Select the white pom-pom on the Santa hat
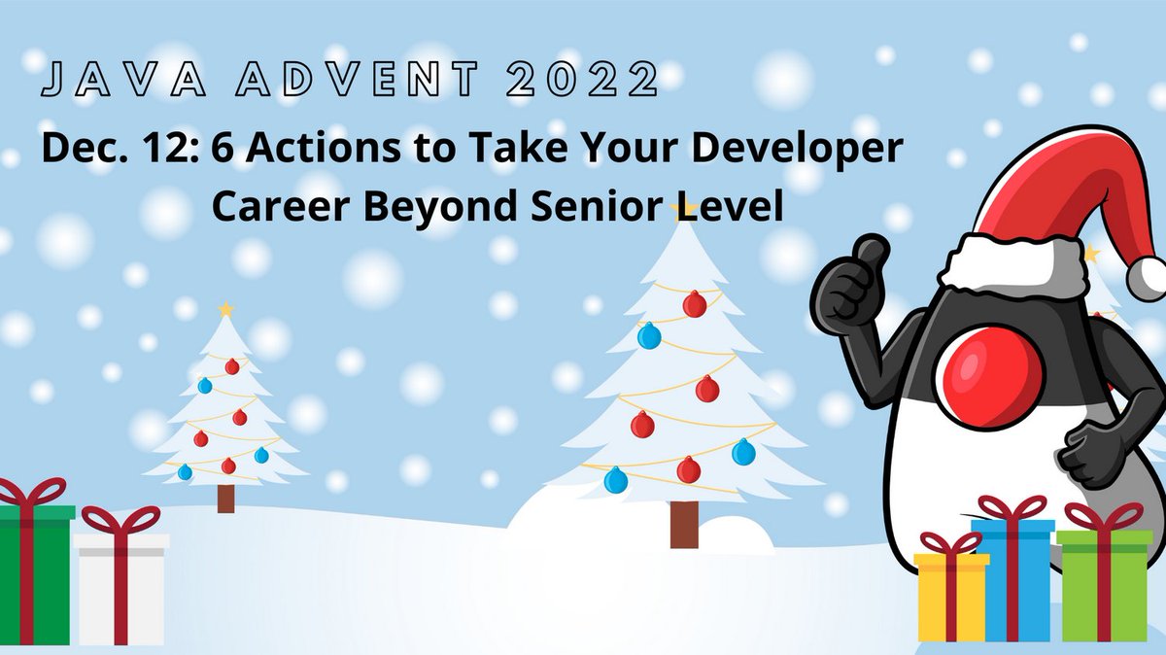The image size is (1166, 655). pos(1150,275)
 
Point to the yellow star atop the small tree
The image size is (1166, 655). pos(226,309)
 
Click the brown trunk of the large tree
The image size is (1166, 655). pos(684,524)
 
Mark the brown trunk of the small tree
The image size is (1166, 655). pos(225,498)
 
